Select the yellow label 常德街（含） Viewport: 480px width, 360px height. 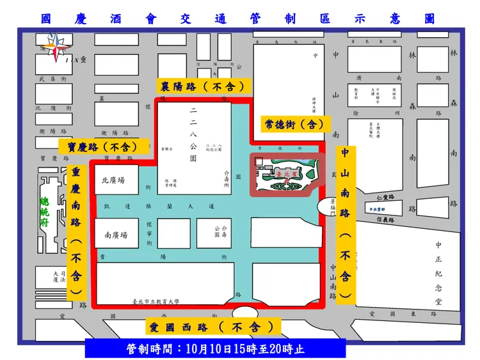click(294, 123)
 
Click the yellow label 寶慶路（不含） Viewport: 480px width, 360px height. click(104, 146)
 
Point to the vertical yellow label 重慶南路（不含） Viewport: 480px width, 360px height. click(76, 231)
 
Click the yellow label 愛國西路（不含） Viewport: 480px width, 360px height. click(213, 327)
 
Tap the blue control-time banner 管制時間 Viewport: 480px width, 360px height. click(215, 349)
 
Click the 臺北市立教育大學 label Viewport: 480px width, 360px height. click(156, 301)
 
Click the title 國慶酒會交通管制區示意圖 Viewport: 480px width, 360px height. click(238, 19)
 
